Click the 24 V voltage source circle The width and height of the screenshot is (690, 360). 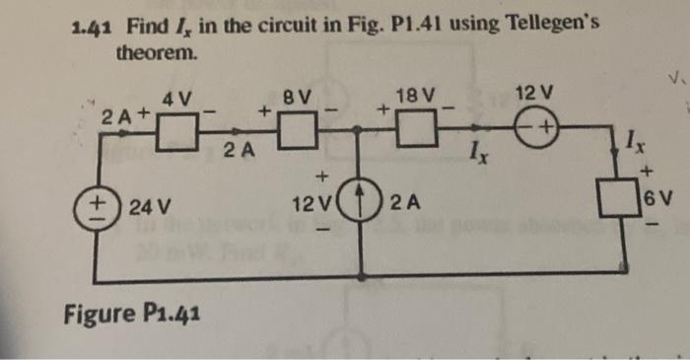tap(102, 207)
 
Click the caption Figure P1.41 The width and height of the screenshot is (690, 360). tap(132, 316)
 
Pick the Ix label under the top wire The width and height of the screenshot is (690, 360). tap(476, 155)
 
